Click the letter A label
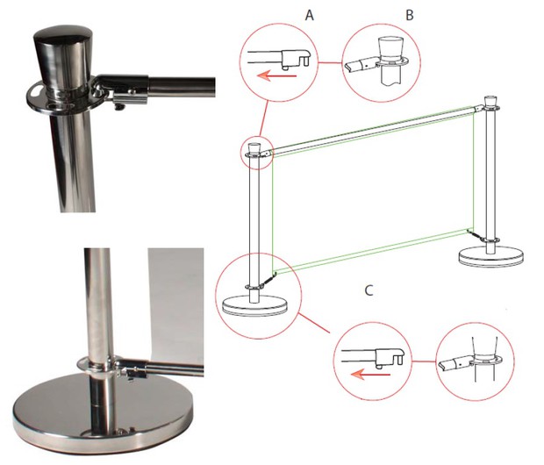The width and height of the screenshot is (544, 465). (x=310, y=15)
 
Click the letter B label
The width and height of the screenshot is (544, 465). (x=410, y=15)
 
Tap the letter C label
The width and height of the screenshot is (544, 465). (x=369, y=290)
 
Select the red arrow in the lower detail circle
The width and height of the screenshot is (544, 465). (x=370, y=375)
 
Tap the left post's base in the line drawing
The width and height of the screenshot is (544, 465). (x=254, y=305)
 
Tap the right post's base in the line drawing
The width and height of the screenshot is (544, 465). (x=491, y=257)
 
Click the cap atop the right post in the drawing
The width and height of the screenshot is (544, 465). (x=490, y=101)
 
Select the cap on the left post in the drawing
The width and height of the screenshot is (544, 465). (x=254, y=148)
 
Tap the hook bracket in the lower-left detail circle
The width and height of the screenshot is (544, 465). (x=390, y=356)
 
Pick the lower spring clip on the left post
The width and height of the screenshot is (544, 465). (x=268, y=279)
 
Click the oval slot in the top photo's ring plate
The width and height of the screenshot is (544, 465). (x=35, y=91)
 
